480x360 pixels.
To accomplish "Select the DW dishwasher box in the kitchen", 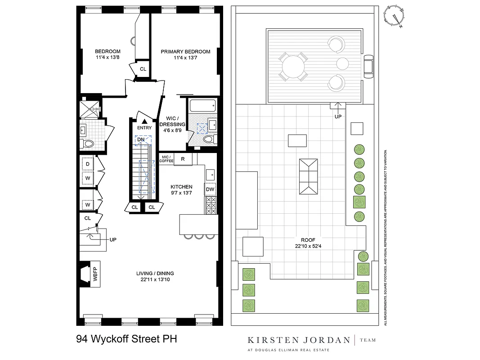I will (210, 189).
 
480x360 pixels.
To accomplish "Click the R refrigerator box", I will (183, 159).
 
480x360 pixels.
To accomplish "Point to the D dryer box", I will (88, 164).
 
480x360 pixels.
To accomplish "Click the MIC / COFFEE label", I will (166, 159).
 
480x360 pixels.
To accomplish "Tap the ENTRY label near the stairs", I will (144, 128).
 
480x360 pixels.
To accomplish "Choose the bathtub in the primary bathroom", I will (204, 106).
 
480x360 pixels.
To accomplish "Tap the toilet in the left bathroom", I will (87, 144).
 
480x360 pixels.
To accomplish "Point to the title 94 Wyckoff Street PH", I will (127, 339).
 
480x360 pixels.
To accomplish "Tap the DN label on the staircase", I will (141, 140).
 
